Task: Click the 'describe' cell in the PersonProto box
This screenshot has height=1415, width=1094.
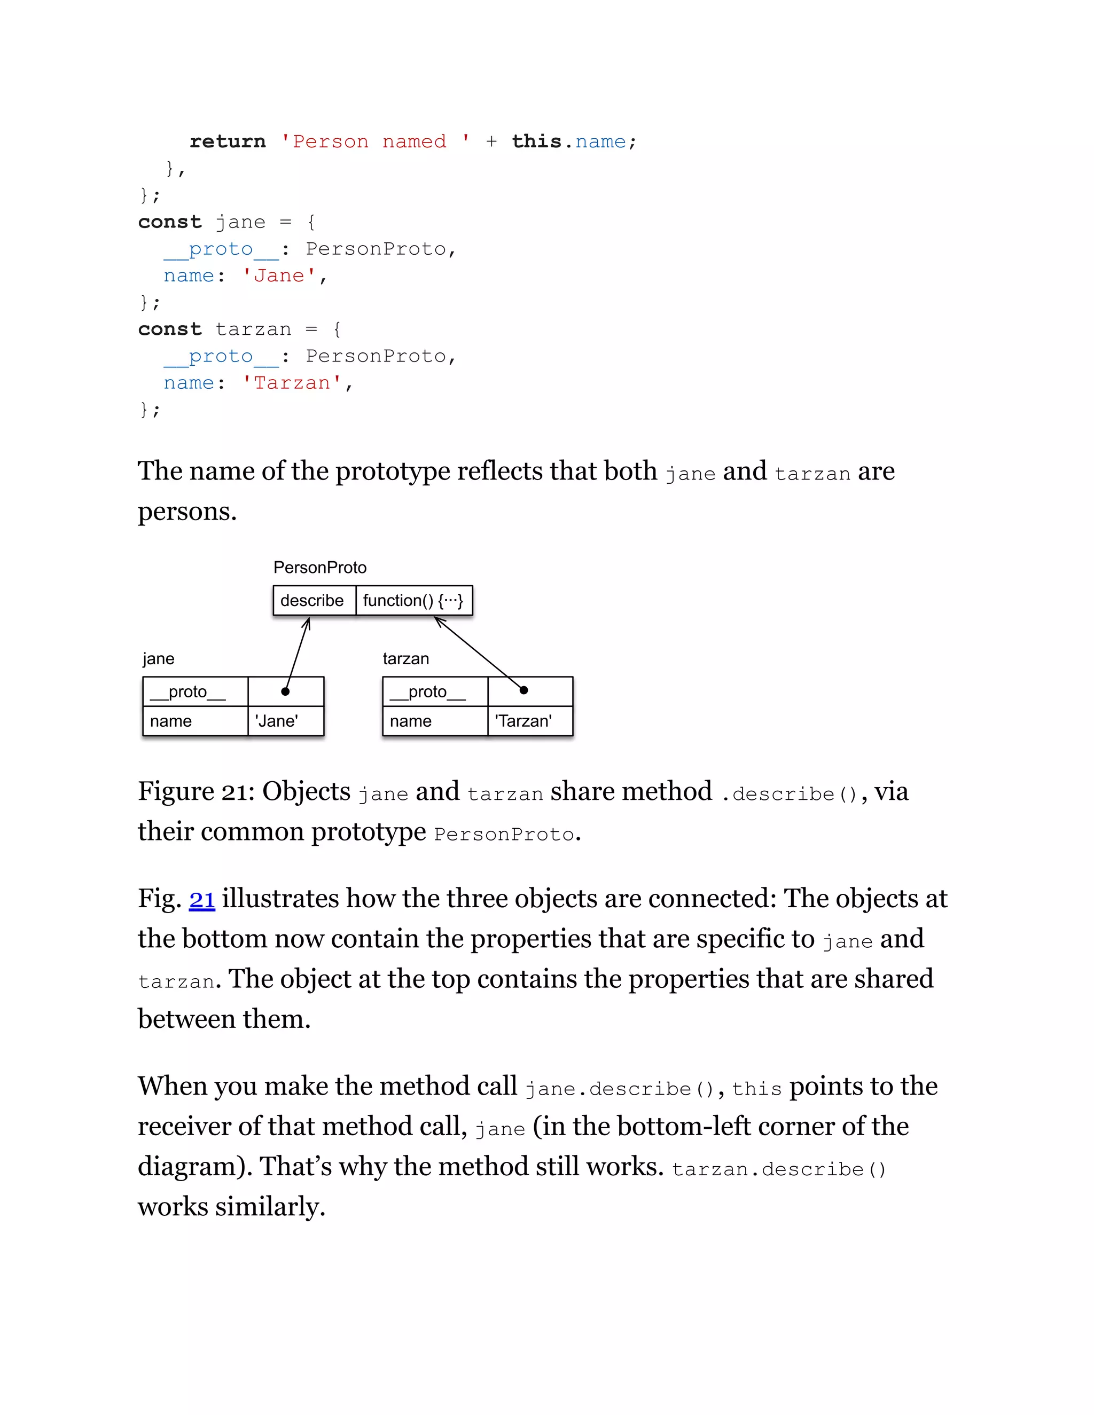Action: [x=312, y=601]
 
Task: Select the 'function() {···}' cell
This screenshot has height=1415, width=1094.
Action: [x=413, y=601]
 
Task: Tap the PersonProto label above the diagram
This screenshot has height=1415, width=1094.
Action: [x=319, y=568]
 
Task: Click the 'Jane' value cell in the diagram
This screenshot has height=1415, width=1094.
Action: [x=277, y=721]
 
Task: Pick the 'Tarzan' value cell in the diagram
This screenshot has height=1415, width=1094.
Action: [x=523, y=721]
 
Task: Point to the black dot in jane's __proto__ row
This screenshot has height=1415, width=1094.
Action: [x=285, y=691]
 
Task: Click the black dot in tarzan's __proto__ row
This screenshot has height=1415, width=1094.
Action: [x=523, y=690]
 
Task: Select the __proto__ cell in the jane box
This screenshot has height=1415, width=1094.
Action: [x=188, y=692]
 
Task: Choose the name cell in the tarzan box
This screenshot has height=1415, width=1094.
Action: [x=411, y=721]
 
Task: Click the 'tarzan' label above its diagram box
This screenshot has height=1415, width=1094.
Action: [x=406, y=659]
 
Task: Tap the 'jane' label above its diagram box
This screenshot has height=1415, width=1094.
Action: [x=159, y=659]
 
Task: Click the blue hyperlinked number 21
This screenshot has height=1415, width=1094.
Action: [x=201, y=900]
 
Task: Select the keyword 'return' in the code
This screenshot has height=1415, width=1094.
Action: [x=228, y=141]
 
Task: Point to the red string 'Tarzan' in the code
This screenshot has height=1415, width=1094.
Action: [x=292, y=383]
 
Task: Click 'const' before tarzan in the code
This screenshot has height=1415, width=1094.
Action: [x=170, y=329]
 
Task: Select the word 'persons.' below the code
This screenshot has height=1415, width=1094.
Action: [x=187, y=512]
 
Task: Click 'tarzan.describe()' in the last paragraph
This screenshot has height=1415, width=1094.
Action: [x=778, y=1169]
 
